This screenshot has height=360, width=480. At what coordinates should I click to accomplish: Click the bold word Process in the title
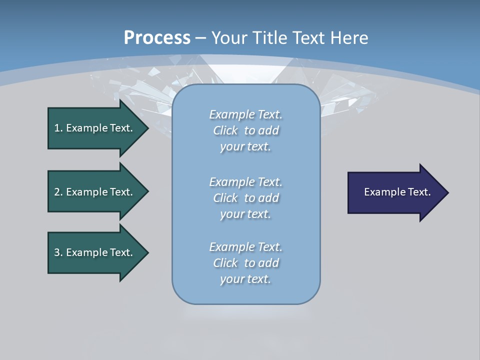pyautogui.click(x=157, y=38)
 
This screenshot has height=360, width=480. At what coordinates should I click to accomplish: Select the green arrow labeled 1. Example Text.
pyautogui.click(x=95, y=128)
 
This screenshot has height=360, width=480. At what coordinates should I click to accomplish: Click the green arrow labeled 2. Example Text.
pyautogui.click(x=95, y=192)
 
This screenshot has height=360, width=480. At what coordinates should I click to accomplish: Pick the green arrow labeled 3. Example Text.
pyautogui.click(x=95, y=252)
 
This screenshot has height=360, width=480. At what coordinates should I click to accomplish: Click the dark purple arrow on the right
pyautogui.click(x=395, y=192)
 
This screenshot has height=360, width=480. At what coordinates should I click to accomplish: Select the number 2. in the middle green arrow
pyautogui.click(x=58, y=192)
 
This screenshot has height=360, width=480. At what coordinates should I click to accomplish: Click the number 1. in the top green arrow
pyautogui.click(x=58, y=128)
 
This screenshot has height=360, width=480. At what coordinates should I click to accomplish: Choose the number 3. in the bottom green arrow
pyautogui.click(x=58, y=252)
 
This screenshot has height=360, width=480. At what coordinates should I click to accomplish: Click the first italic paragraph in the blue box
pyautogui.click(x=245, y=130)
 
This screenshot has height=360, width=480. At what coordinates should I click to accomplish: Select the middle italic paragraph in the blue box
pyautogui.click(x=245, y=198)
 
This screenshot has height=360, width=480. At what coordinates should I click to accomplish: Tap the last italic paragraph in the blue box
pyautogui.click(x=245, y=263)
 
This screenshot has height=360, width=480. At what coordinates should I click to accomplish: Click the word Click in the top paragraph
pyautogui.click(x=225, y=130)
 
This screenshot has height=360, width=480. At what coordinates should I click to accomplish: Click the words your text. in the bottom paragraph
pyautogui.click(x=245, y=279)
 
